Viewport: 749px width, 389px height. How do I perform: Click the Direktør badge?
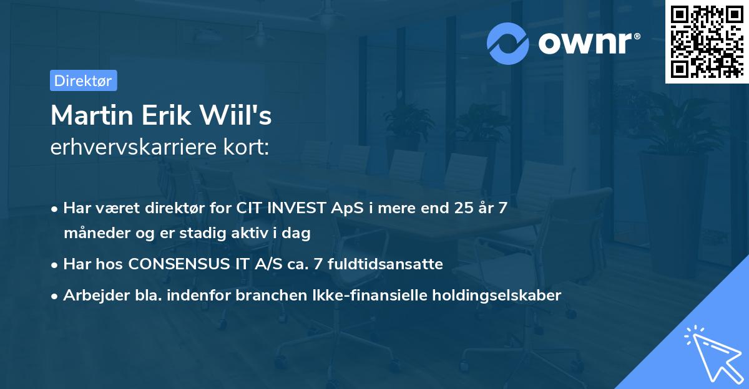(83, 80)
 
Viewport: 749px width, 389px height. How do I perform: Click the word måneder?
(91, 233)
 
